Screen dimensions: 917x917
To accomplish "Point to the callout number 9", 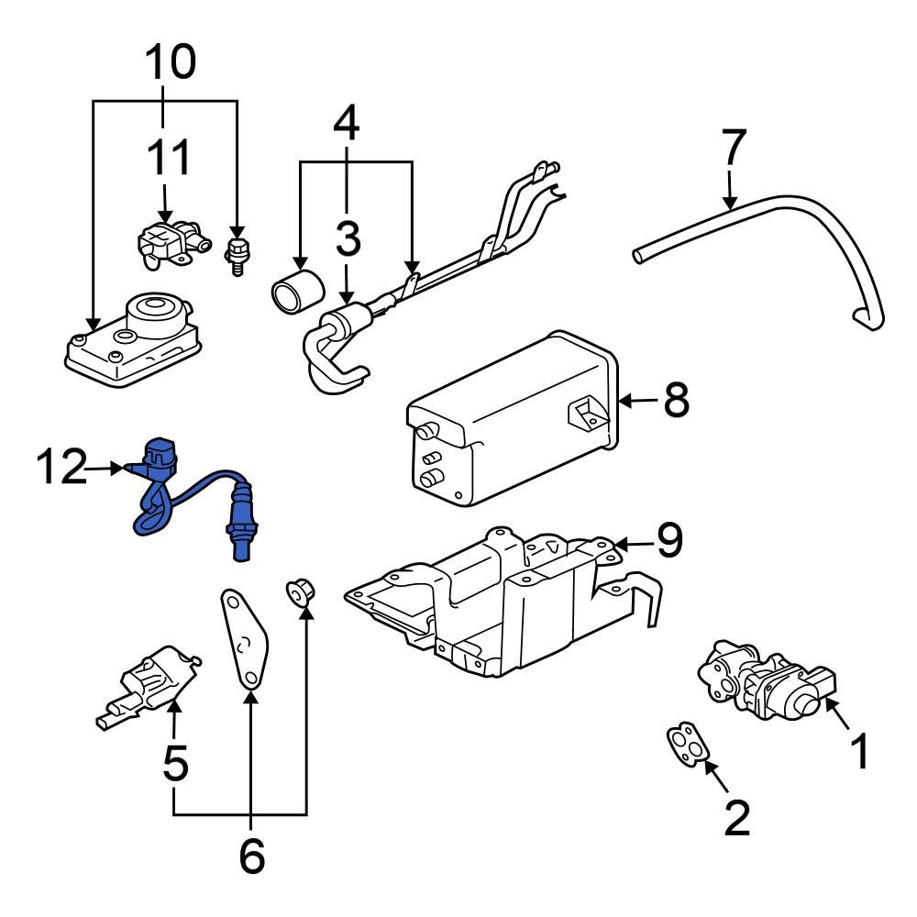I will coord(668,542).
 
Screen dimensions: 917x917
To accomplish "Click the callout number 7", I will coord(734,149).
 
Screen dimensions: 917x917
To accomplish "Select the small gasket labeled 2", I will coord(687,744).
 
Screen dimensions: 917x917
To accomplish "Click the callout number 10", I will coord(170,62).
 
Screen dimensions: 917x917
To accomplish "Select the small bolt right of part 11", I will coord(238,253).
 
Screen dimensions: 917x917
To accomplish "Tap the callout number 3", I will coord(347,239).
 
